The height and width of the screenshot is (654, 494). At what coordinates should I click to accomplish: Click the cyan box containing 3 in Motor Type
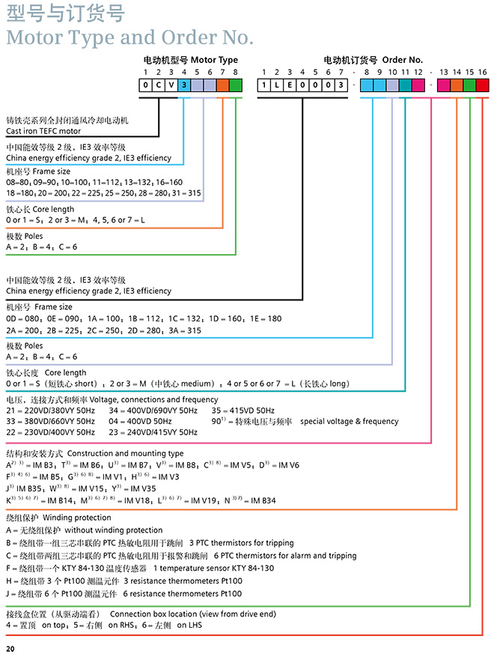(x=184, y=85)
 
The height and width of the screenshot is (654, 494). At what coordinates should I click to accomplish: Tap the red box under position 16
(x=482, y=85)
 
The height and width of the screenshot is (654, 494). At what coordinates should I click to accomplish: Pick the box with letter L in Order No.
(x=275, y=85)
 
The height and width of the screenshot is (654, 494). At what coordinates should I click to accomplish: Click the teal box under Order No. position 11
(x=405, y=85)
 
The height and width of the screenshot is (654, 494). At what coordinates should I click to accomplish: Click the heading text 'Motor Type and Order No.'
(x=129, y=37)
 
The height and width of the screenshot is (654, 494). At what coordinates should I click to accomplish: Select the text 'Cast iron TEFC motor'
(x=43, y=131)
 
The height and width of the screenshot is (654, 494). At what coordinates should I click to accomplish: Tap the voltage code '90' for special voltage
(x=216, y=422)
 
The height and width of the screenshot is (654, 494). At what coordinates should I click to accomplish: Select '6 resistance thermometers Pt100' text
(x=183, y=593)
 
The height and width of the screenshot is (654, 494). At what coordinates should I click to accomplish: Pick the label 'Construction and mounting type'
(x=125, y=454)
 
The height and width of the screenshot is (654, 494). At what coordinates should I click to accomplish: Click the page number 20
(x=10, y=648)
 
